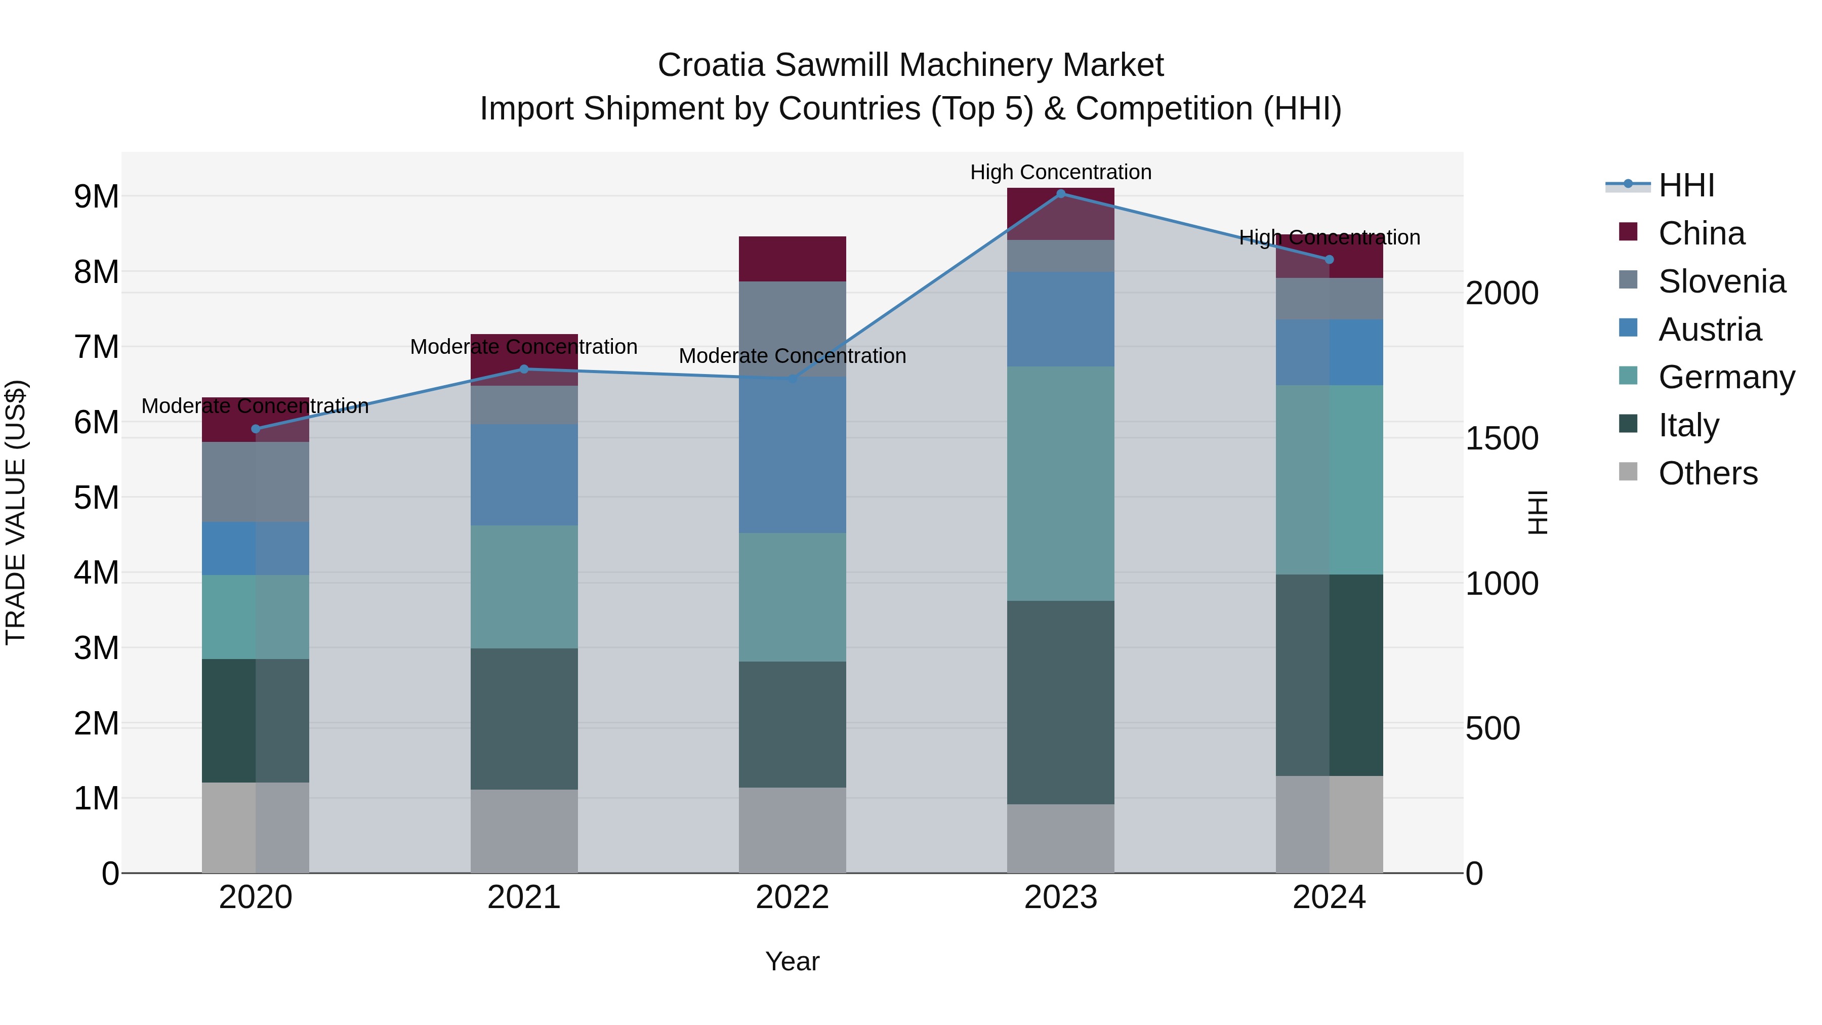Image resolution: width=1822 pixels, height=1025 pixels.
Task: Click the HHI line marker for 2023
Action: click(x=1060, y=193)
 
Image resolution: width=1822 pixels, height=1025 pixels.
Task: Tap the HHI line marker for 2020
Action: click(x=256, y=429)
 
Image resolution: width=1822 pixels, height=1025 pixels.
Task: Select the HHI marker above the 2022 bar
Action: click(x=792, y=379)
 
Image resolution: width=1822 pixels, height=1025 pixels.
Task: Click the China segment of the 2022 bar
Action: click(x=792, y=259)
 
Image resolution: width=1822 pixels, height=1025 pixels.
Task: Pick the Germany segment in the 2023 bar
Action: click(x=1060, y=483)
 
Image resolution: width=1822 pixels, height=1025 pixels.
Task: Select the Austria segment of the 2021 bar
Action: click(x=524, y=475)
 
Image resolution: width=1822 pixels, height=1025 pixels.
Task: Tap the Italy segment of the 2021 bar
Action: click(x=524, y=719)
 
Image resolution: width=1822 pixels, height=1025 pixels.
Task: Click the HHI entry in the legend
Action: click(x=1685, y=185)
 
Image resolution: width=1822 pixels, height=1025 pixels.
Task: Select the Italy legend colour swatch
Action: click(x=1628, y=425)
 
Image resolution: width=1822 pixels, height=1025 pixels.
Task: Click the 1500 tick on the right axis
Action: click(x=1501, y=438)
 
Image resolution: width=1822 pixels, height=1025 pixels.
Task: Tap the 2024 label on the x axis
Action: click(x=1329, y=897)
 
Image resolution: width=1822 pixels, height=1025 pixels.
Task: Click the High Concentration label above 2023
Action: click(x=1060, y=172)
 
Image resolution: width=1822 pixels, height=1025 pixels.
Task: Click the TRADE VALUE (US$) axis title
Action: click(x=16, y=512)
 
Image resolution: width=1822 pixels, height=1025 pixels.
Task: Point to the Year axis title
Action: click(x=792, y=961)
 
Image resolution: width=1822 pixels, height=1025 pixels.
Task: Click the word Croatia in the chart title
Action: click(x=710, y=65)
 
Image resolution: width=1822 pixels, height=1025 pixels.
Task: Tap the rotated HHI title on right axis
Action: click(x=1537, y=512)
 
